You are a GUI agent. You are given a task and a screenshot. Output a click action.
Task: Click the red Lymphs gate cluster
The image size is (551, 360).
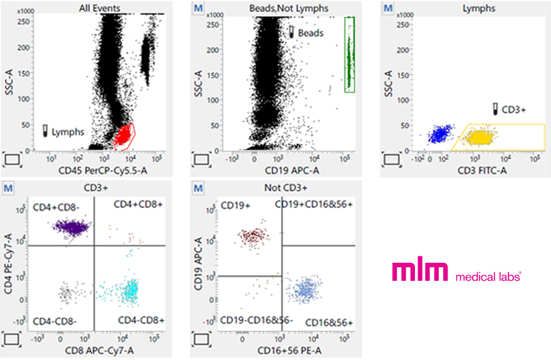[124, 134]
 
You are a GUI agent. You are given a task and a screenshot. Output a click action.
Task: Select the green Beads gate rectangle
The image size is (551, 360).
[350, 55]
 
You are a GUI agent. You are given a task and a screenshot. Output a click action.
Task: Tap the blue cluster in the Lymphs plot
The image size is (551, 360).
[440, 134]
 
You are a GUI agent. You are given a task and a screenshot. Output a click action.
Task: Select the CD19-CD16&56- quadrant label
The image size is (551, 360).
[256, 320]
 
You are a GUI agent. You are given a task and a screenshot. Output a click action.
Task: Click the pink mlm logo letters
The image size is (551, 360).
[419, 270]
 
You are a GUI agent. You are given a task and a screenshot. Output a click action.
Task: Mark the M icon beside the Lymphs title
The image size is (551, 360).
[388, 8]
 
